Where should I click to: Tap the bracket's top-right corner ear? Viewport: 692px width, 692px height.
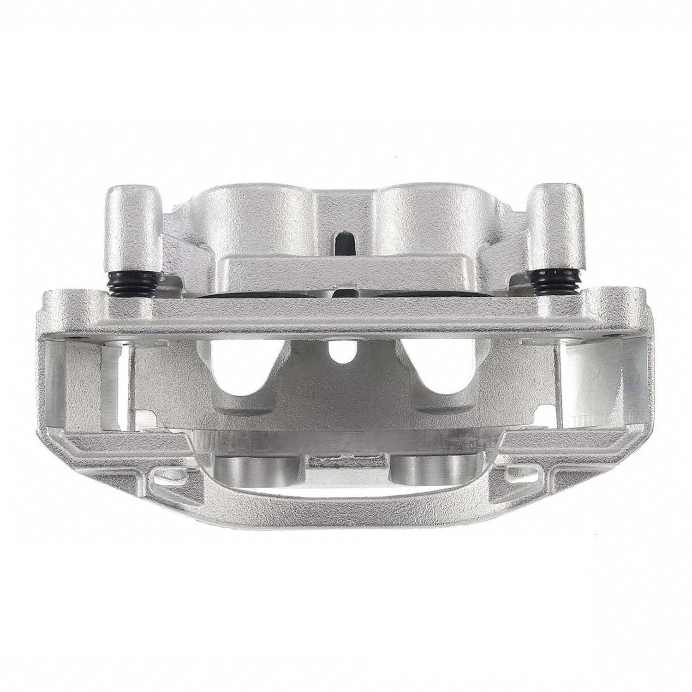coord(618,302)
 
